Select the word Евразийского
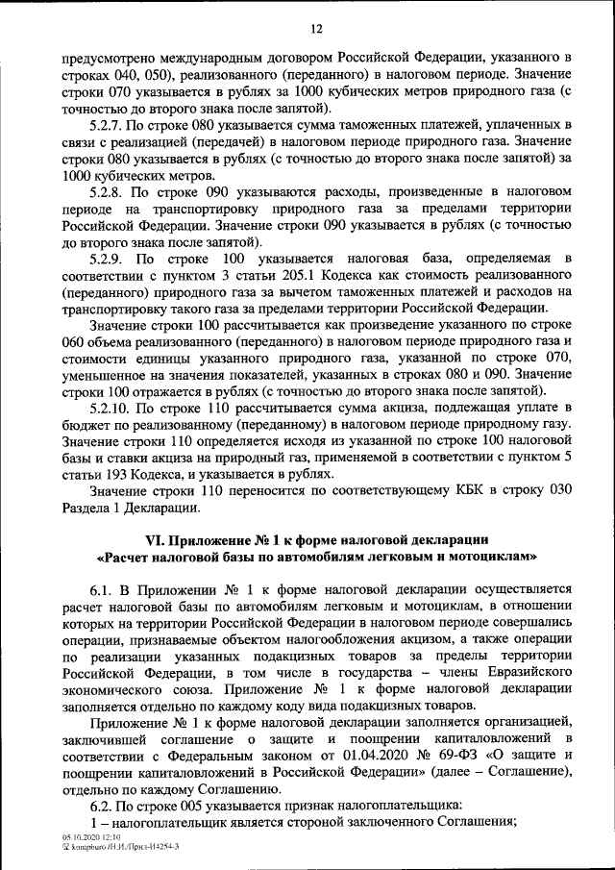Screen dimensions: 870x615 [x=522, y=684]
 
